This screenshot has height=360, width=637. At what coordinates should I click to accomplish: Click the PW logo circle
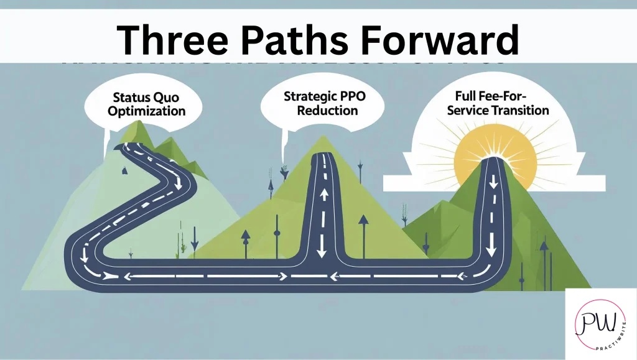600,321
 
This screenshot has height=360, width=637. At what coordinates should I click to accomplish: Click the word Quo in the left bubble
170,98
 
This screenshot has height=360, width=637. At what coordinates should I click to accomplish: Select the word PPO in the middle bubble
343,97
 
